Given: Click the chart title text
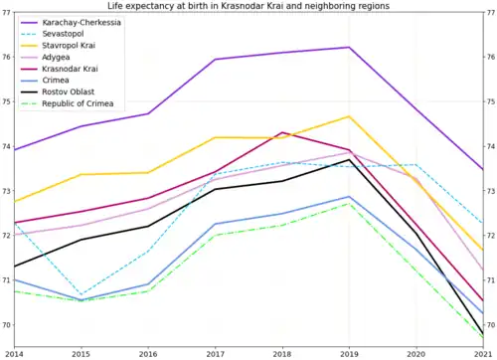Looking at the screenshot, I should [248, 6].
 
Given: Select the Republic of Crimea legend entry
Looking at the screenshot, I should [83, 102].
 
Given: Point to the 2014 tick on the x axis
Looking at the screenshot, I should [14, 353].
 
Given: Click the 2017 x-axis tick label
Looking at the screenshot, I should [215, 353].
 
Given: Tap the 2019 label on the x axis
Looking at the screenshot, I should [349, 353].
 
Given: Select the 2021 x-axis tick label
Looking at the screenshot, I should [483, 353].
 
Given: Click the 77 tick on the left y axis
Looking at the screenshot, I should [6, 13].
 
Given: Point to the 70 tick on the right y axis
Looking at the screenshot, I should [490, 325].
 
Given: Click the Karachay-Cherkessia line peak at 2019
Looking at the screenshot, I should [349, 48].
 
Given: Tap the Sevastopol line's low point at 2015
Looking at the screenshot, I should [81, 295].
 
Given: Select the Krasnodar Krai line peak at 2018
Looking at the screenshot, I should [282, 132].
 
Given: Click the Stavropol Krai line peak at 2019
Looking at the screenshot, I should [349, 116].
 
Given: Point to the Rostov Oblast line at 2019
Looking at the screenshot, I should [349, 159].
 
